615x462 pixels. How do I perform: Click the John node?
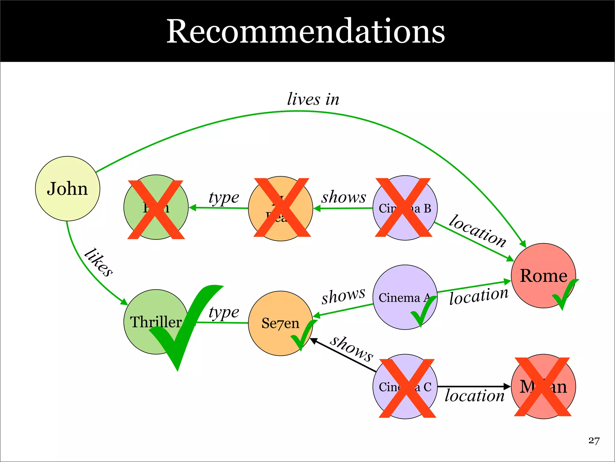(x=68, y=189)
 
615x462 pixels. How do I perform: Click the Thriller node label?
(x=156, y=322)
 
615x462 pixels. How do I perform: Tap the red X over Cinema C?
(x=407, y=388)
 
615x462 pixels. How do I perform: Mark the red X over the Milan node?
(x=542, y=387)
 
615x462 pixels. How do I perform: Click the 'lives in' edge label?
(x=313, y=99)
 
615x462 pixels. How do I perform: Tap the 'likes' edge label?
(x=98, y=262)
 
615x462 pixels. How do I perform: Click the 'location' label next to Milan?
(x=474, y=396)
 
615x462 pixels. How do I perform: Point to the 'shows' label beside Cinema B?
(x=344, y=197)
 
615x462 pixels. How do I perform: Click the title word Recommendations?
(x=305, y=31)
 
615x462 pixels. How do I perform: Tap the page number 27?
(x=594, y=441)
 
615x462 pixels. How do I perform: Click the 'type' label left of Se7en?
(x=224, y=312)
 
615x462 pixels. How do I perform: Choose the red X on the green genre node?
(x=156, y=210)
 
